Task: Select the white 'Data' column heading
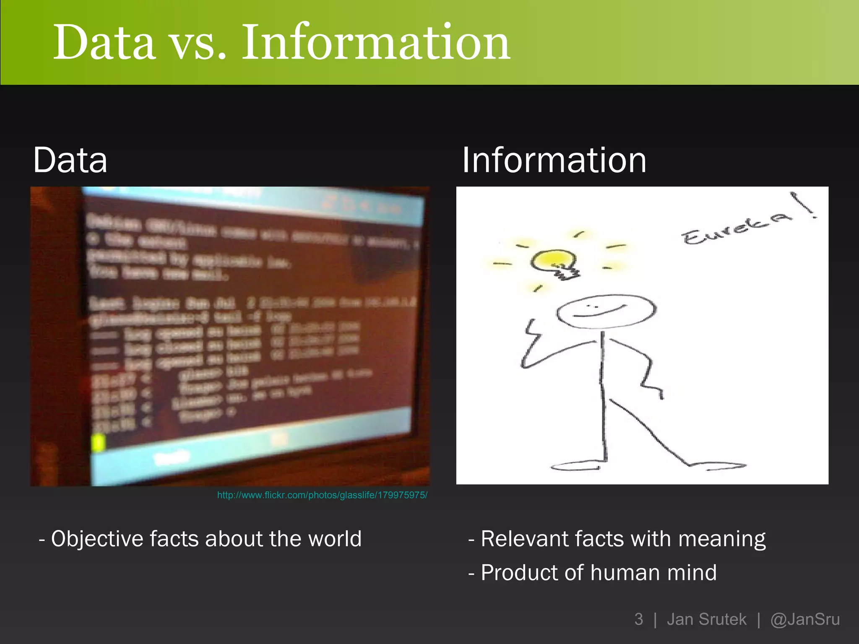point(70,160)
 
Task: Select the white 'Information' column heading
point(554,160)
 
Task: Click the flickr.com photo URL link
point(322,495)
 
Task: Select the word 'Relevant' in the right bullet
point(524,539)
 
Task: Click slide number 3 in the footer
point(638,619)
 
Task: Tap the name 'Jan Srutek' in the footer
point(706,619)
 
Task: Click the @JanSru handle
point(805,619)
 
